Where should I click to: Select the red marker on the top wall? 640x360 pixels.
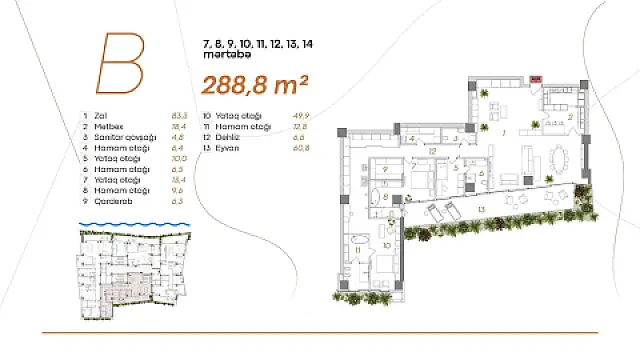[535, 78]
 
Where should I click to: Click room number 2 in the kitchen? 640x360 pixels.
[569, 117]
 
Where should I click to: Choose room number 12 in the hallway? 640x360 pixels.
[432, 152]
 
